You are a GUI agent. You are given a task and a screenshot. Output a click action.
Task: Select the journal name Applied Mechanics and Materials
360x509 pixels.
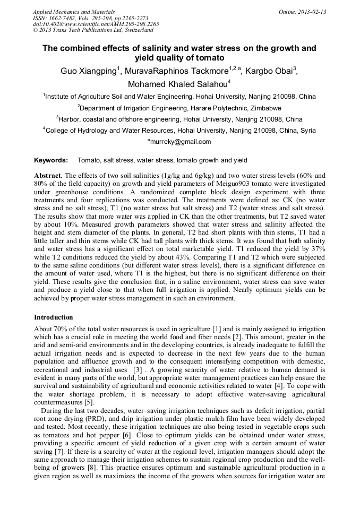click(x=74, y=12)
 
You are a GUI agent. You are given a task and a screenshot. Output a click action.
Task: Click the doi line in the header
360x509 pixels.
click(x=96, y=24)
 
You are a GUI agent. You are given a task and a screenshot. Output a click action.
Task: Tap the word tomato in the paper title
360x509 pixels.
click(x=211, y=57)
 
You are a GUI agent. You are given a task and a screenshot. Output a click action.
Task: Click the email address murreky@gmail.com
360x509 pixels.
click(x=181, y=142)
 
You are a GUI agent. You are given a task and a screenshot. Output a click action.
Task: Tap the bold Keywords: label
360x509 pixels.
click(x=51, y=160)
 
